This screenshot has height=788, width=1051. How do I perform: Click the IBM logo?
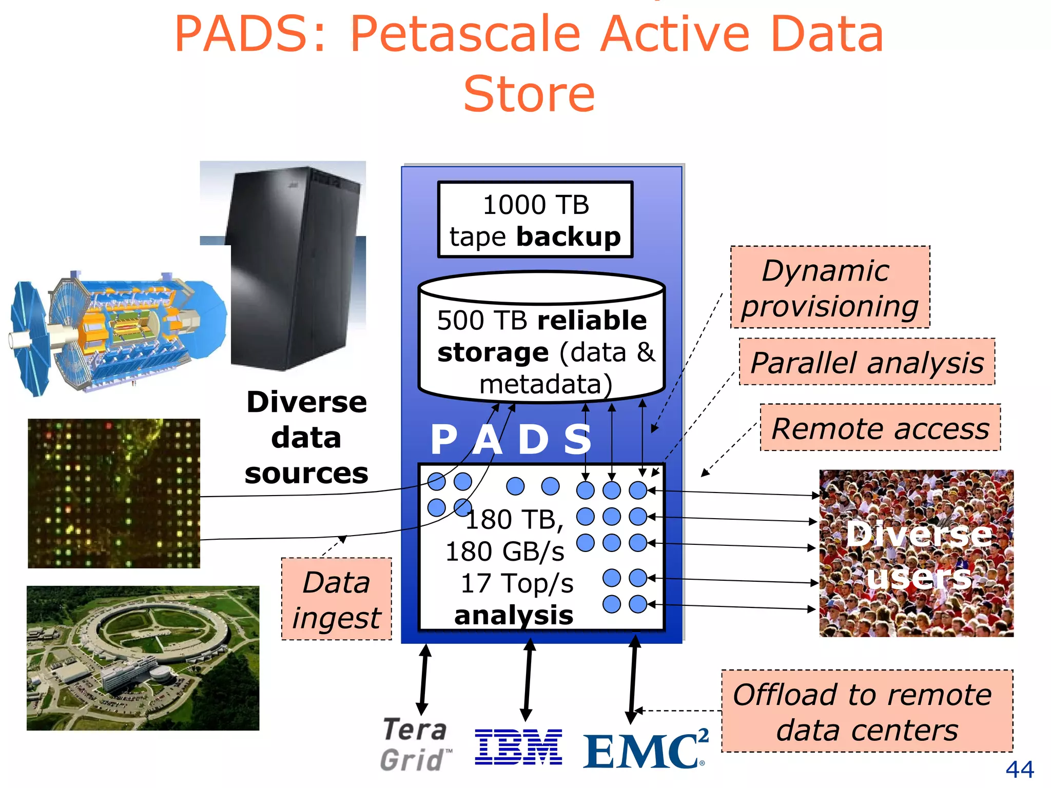click(518, 746)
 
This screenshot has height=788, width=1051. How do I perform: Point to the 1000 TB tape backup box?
click(535, 220)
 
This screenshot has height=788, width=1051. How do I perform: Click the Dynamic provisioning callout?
click(830, 287)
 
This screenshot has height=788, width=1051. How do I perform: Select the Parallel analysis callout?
click(867, 362)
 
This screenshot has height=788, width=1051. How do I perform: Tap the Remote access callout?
click(880, 428)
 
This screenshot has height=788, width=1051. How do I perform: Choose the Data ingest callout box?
click(337, 599)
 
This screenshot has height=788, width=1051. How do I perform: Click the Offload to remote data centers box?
click(867, 711)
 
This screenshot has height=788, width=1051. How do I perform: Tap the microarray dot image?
click(114, 494)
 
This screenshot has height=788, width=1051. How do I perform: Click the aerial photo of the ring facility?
click(143, 658)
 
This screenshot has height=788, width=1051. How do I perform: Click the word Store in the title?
click(529, 93)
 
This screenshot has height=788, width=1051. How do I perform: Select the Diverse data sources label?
click(306, 437)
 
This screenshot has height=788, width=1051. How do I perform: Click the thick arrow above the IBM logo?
click(528, 680)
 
